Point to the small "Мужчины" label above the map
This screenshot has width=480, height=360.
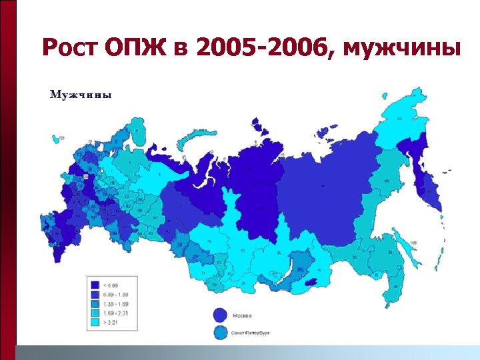(81, 95)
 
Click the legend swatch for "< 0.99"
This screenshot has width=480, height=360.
(95, 285)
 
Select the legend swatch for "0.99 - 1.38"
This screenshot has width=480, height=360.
(95, 294)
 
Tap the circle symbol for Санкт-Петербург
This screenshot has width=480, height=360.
(220, 331)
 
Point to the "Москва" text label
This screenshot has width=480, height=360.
(243, 315)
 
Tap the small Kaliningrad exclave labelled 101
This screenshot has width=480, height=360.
(55, 139)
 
